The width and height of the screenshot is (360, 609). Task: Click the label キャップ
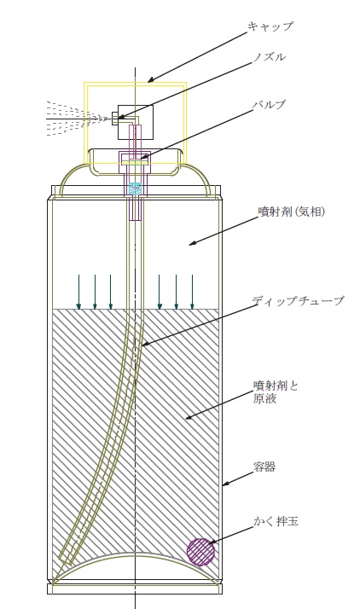click(270, 26)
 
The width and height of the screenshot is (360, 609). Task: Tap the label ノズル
click(269, 56)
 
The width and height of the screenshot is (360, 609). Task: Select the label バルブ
click(269, 104)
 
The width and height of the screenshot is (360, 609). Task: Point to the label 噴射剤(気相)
click(291, 212)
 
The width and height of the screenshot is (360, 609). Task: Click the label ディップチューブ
click(298, 300)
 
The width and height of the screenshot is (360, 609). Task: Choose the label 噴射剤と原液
click(275, 392)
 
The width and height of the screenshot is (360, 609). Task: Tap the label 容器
click(264, 467)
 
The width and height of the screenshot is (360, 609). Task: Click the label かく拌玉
click(276, 521)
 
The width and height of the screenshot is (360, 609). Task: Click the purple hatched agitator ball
click(200, 552)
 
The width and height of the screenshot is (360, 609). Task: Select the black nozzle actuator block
click(136, 122)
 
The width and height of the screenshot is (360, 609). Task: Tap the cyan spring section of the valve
click(136, 188)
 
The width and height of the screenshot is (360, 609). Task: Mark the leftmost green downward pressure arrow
click(78, 292)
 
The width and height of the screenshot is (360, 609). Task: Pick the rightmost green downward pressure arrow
click(192, 292)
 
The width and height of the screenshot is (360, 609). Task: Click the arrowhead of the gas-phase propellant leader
click(193, 243)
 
